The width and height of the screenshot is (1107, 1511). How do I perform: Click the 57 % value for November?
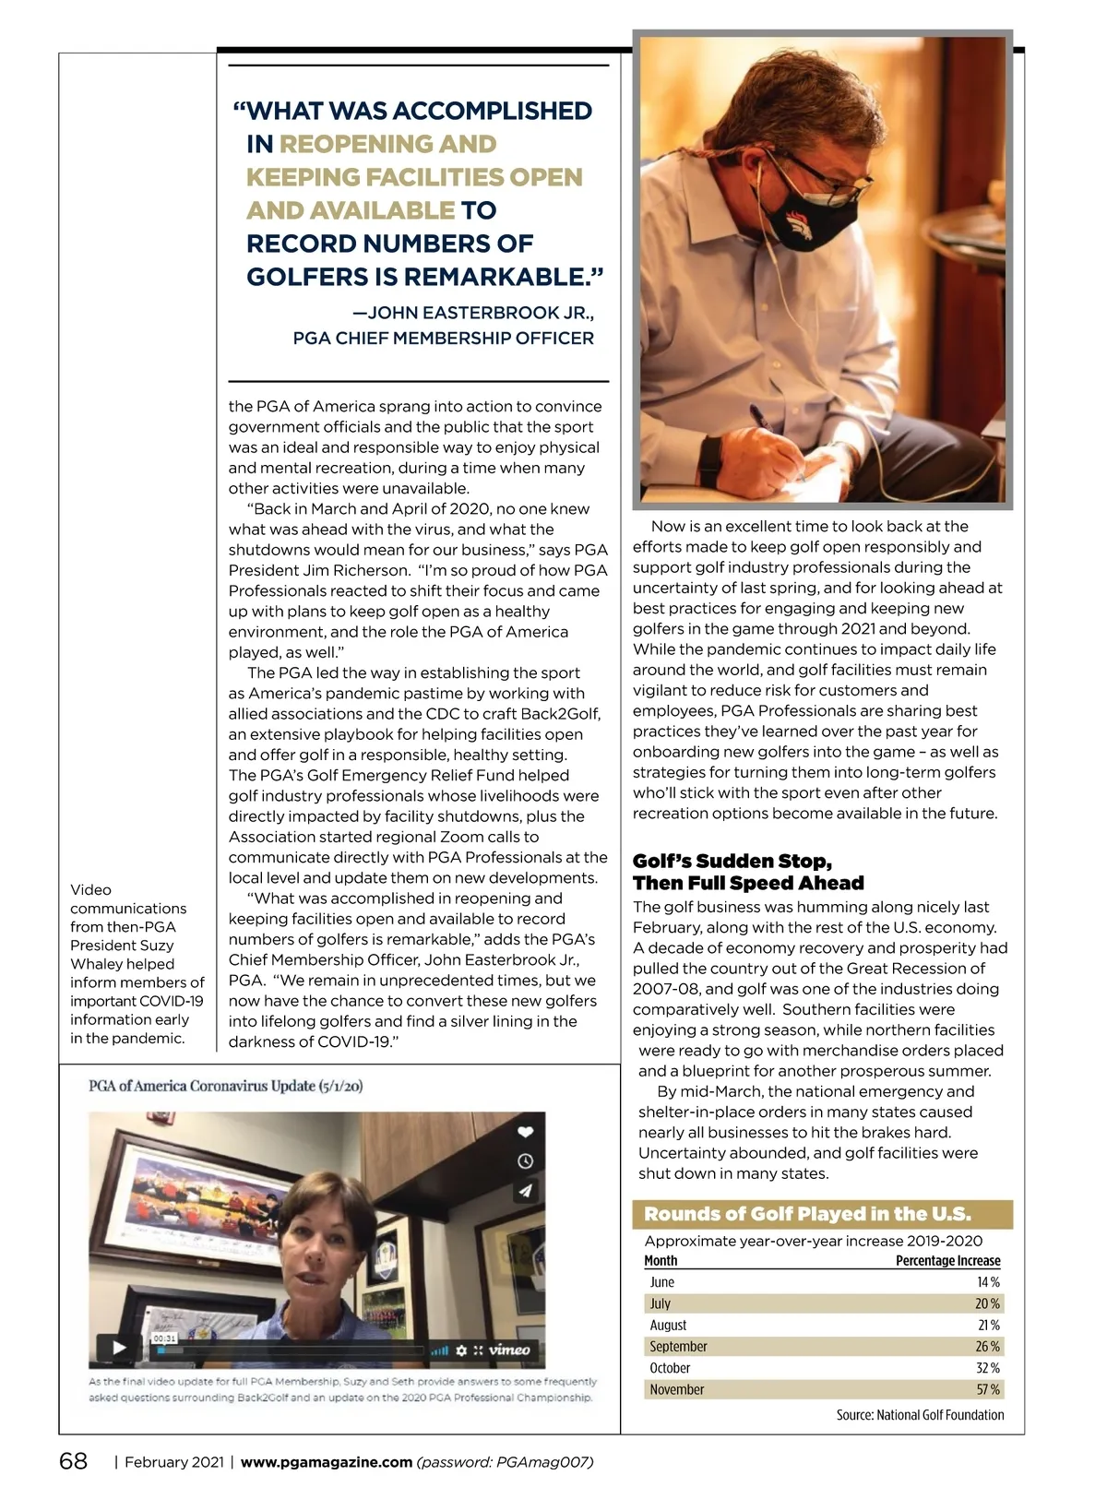click(x=988, y=1389)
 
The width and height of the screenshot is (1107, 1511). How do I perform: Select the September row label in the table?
click(x=678, y=1347)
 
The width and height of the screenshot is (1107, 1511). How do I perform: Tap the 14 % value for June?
click(x=988, y=1282)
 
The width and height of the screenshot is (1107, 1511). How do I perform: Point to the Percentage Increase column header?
click(x=947, y=1261)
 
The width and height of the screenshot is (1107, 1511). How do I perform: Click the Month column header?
click(x=661, y=1261)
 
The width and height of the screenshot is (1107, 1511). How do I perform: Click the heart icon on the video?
click(x=525, y=1132)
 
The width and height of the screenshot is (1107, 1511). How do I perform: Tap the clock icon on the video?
click(x=525, y=1161)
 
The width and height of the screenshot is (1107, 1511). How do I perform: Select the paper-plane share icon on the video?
click(x=525, y=1191)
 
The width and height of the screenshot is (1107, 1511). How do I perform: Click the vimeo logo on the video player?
click(x=509, y=1350)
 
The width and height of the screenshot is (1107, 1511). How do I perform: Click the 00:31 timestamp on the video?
click(x=164, y=1338)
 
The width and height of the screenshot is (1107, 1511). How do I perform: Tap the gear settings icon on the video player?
click(x=462, y=1350)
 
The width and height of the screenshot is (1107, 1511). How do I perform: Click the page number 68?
click(x=74, y=1462)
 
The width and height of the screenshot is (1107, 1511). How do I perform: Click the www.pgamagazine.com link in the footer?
click(x=326, y=1462)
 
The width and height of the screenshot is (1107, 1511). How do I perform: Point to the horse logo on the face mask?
click(x=800, y=225)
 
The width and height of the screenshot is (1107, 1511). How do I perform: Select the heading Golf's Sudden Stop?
click(x=732, y=861)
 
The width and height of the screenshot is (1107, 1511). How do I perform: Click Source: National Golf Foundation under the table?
click(x=920, y=1415)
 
